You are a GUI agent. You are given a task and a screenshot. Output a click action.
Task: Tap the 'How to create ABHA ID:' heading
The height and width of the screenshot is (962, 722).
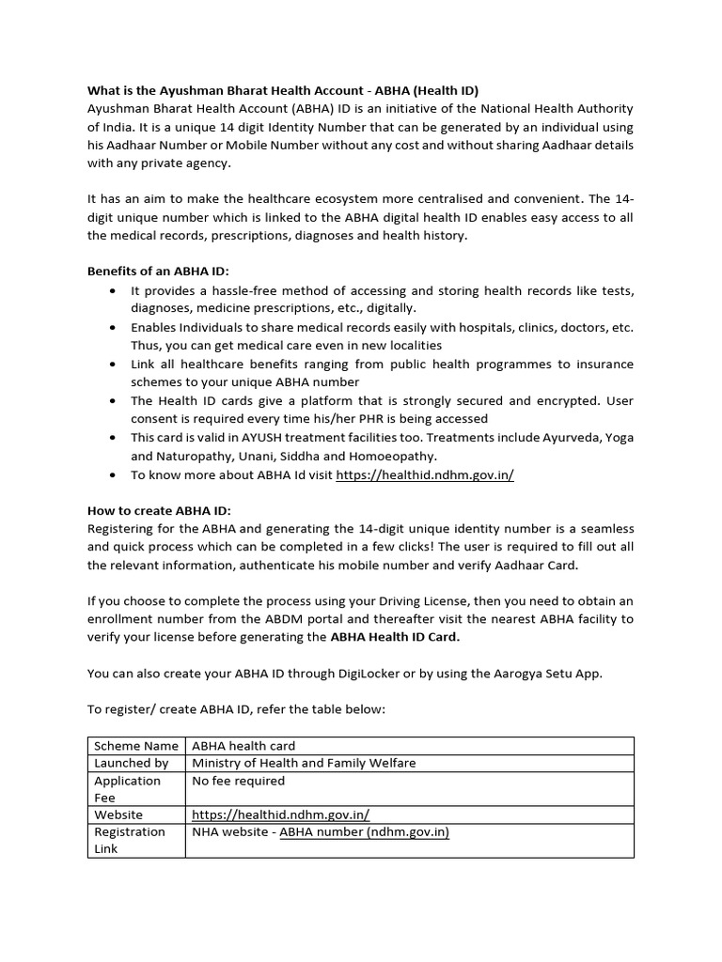(152, 511)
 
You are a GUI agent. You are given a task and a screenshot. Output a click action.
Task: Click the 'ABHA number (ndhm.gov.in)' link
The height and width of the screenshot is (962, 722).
(364, 831)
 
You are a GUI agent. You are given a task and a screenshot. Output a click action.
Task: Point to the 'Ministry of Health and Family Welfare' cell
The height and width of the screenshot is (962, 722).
(304, 763)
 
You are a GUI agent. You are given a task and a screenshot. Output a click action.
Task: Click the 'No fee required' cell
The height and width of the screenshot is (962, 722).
(238, 781)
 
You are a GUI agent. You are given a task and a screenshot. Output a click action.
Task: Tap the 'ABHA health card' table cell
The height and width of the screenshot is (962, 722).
(243, 746)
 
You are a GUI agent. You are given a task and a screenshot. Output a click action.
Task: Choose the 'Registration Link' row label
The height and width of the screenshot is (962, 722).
(129, 840)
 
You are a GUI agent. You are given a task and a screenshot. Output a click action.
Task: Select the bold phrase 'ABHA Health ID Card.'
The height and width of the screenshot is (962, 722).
(395, 637)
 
